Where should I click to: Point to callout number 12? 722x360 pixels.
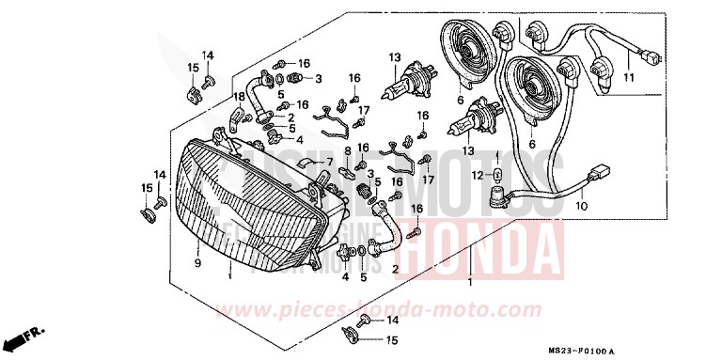(x=477, y=175)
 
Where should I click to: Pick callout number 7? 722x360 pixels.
(x=330, y=162)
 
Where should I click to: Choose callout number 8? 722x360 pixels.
(x=347, y=150)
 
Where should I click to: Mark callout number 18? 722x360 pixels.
(x=239, y=96)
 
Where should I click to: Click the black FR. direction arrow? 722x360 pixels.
(x=24, y=337)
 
